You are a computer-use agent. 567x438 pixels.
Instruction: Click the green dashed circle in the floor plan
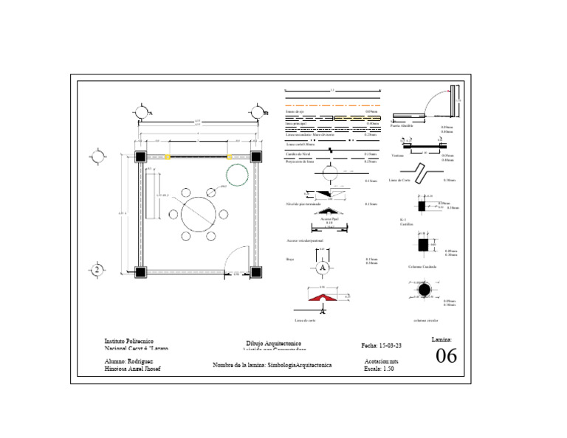click(x=237, y=175)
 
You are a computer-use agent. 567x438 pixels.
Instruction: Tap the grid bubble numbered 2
click(x=96, y=270)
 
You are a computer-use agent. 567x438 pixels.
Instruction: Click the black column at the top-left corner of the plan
click(x=140, y=157)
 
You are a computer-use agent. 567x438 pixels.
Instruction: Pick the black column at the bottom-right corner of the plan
click(x=256, y=272)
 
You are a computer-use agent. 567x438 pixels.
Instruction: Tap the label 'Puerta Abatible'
click(x=402, y=126)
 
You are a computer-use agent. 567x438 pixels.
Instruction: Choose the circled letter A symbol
click(x=322, y=268)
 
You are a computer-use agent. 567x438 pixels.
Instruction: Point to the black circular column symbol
click(x=425, y=291)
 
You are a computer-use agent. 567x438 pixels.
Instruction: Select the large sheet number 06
click(x=447, y=356)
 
